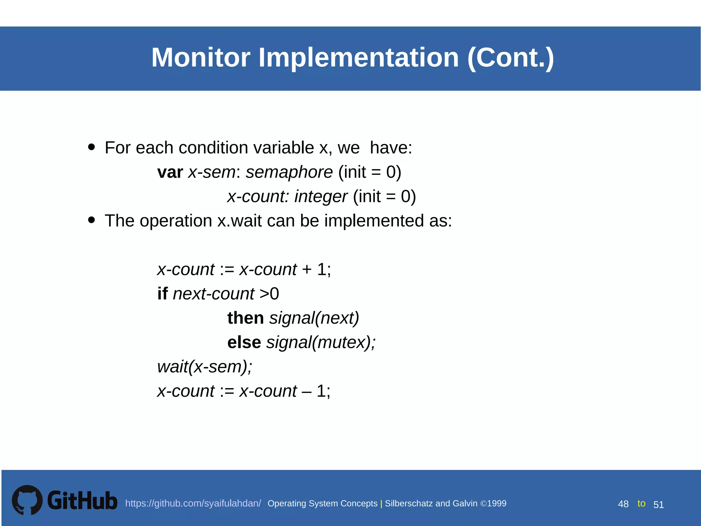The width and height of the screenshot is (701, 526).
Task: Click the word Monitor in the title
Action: (201, 58)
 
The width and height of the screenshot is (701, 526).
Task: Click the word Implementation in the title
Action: (358, 58)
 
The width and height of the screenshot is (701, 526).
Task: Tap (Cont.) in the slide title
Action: (510, 58)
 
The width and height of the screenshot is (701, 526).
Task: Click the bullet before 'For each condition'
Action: (91, 147)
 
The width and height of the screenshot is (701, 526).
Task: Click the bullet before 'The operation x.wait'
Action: (91, 220)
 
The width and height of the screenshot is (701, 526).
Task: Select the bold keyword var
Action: (170, 172)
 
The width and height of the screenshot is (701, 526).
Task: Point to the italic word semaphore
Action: (289, 172)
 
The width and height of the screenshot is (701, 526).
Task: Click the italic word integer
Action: (321, 197)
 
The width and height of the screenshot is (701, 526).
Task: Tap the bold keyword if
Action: (163, 293)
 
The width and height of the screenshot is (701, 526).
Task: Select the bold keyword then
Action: (245, 318)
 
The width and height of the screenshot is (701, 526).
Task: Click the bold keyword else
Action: (244, 342)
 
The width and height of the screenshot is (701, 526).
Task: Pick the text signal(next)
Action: (314, 318)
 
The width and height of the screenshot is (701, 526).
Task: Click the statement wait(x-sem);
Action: (205, 367)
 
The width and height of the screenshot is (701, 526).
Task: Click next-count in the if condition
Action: (214, 294)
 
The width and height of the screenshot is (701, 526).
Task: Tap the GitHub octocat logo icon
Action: (27, 500)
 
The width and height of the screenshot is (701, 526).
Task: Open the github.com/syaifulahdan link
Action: (193, 503)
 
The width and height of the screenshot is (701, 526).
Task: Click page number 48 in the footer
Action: (623, 504)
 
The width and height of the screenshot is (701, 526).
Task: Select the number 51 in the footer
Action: (659, 504)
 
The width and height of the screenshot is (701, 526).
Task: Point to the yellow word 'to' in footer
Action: (641, 503)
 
